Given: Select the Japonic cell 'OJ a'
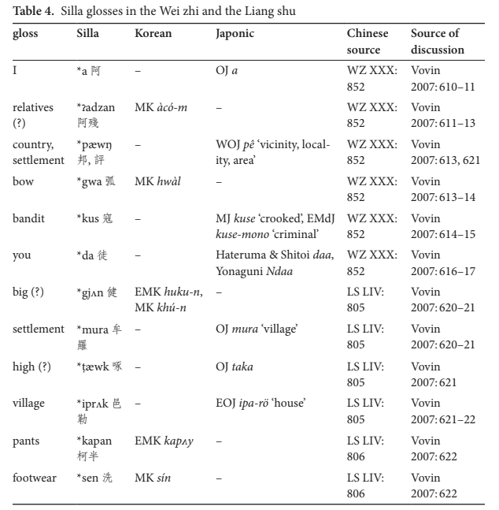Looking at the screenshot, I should pyautogui.click(x=227, y=70).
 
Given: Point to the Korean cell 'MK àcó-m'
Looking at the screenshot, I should pyautogui.click(x=161, y=107).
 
